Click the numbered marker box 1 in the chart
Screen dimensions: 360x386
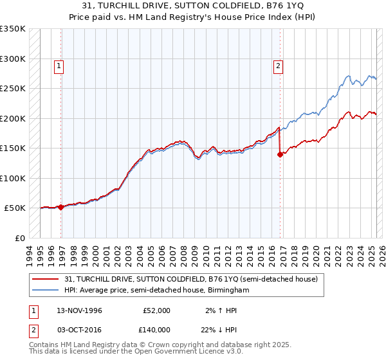pos(59,65)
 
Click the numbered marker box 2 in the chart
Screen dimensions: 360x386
pos(278,65)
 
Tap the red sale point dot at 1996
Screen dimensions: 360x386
pos(60,207)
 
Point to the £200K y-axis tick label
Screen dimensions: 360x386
pos(13,118)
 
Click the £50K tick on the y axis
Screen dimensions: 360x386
pos(15,208)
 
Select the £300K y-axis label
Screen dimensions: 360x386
pos(13,59)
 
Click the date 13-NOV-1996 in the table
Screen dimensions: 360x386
pos(79,310)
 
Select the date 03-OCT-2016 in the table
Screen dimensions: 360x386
pos(79,329)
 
